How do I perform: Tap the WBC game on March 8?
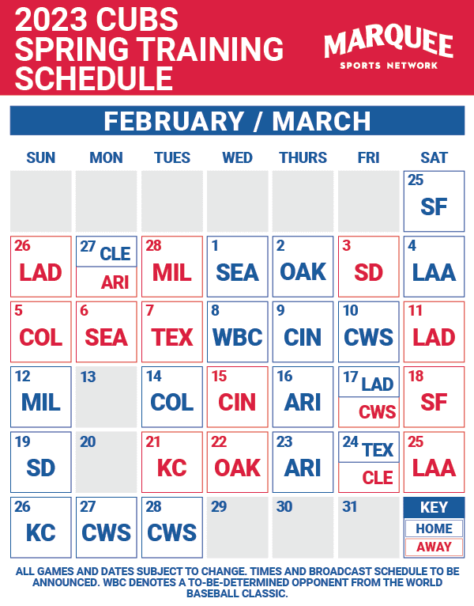tap(238, 337)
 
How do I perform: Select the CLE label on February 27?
tap(115, 253)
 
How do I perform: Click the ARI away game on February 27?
tap(115, 282)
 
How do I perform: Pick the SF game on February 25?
tap(434, 206)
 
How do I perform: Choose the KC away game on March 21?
tap(172, 468)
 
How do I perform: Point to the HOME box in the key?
tap(434, 528)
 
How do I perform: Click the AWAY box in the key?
tap(434, 547)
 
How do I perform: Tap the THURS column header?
tap(303, 157)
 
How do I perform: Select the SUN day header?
tap(41, 157)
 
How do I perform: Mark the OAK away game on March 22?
tap(238, 468)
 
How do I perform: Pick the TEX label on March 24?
tap(378, 449)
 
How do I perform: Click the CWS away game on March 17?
tap(377, 412)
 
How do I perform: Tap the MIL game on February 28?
tap(172, 272)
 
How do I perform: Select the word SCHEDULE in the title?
tap(94, 78)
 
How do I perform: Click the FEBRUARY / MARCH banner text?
tap(237, 121)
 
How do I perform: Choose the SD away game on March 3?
tap(369, 272)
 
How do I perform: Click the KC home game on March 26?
tap(41, 532)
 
